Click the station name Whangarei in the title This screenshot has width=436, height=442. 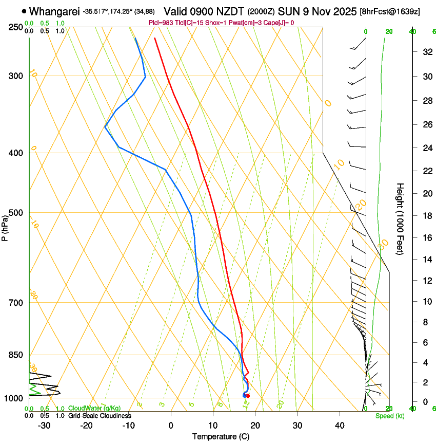[55, 11]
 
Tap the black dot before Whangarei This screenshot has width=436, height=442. [24, 11]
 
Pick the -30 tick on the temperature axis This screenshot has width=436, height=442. [44, 425]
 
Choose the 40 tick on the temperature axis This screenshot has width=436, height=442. [339, 425]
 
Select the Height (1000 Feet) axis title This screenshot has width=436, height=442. [400, 218]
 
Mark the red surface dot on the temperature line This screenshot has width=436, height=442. [248, 395]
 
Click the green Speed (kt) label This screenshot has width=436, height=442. [389, 416]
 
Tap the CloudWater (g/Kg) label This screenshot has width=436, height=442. [94, 408]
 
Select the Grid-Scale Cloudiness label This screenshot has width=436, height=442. [100, 415]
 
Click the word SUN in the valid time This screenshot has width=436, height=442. [287, 11]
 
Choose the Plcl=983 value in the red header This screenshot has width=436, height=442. [161, 23]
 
